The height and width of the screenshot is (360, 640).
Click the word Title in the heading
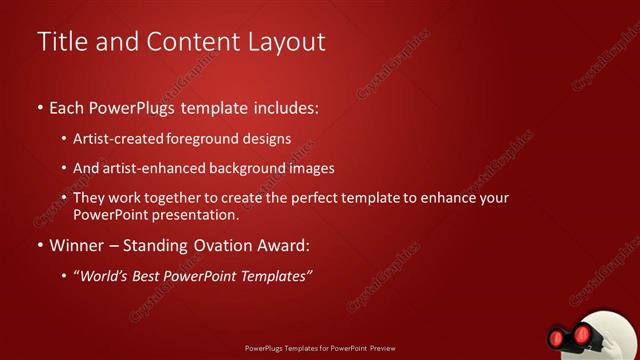coord(60,42)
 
